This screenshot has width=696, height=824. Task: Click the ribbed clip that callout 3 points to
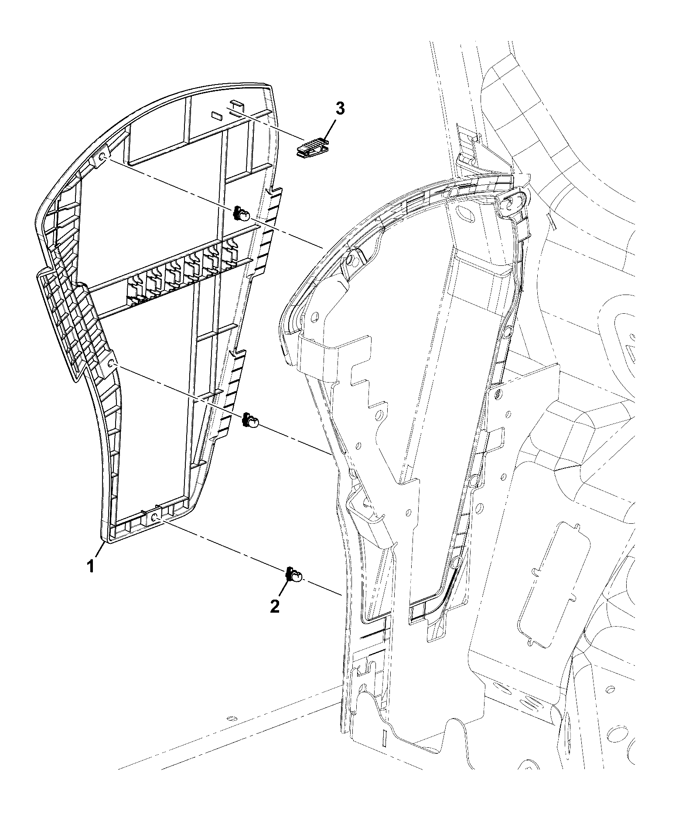pyautogui.click(x=312, y=146)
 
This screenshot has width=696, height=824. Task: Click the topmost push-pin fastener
pyautogui.click(x=242, y=214)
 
